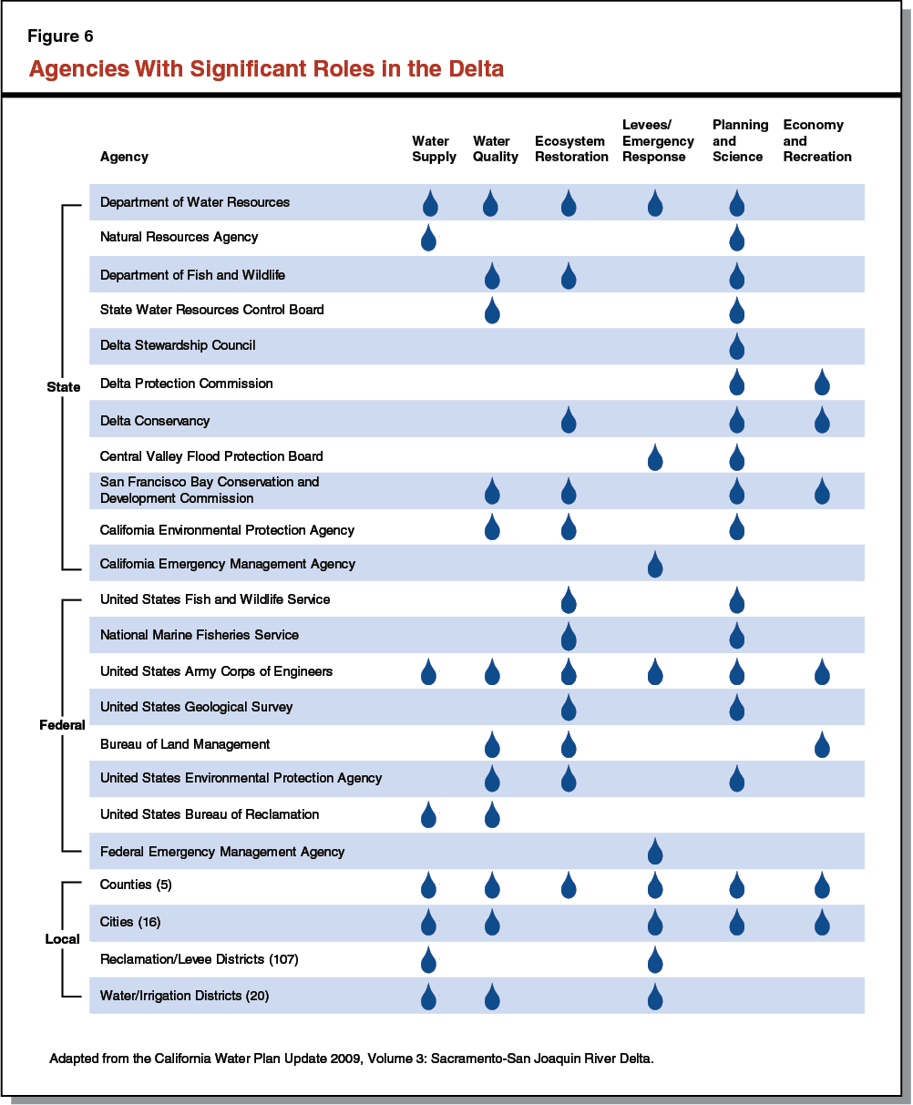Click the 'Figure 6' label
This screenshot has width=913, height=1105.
[60, 37]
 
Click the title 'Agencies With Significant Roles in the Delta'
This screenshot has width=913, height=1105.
[266, 69]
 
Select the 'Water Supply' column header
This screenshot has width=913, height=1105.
[434, 148]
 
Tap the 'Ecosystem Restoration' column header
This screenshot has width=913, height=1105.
[571, 148]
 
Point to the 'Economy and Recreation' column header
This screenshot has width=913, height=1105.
[816, 140]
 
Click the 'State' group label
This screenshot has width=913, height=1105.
[64, 387]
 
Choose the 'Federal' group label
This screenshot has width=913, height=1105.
[62, 725]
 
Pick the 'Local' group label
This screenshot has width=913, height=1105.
[63, 939]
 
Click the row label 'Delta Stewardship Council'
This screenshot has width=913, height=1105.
[178, 345]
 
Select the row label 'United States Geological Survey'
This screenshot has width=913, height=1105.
[196, 707]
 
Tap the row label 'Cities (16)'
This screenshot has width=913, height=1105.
[130, 922]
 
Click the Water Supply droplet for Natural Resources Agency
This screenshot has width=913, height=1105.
[428, 239]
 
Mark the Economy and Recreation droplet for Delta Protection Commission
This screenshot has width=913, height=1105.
[822, 383]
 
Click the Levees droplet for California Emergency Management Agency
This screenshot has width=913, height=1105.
[654, 565]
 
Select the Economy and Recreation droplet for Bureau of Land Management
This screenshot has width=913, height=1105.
[822, 744]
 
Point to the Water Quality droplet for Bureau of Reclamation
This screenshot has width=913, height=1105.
[492, 815]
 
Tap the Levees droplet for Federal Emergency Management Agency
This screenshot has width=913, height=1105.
[654, 853]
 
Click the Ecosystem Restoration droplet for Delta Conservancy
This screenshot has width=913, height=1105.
[569, 421]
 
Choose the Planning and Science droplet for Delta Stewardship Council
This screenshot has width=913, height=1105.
[737, 346]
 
